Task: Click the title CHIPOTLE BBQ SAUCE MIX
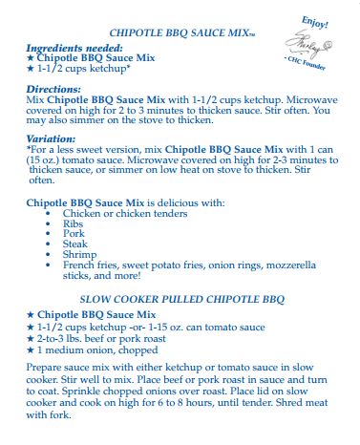[181, 32]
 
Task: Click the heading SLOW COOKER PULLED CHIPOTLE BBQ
[181, 299]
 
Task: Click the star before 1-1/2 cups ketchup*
[31, 69]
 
